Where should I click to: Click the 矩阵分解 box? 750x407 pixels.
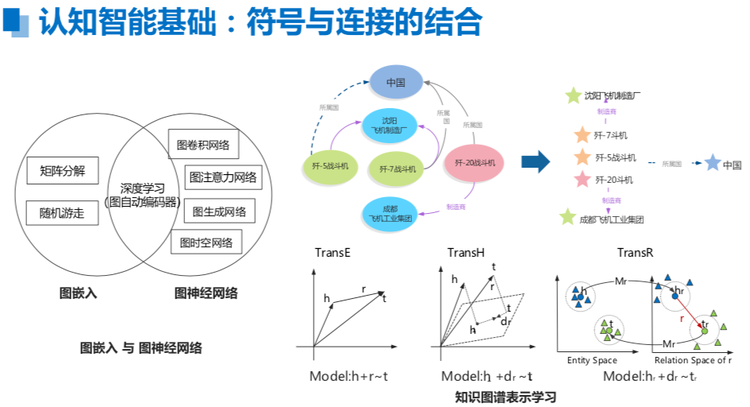[x=62, y=171]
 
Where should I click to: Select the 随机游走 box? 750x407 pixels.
[x=62, y=212]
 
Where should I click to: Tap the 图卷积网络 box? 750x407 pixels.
[x=203, y=145]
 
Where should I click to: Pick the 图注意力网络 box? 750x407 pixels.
[x=222, y=177]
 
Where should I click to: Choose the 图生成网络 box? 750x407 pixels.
[x=219, y=211]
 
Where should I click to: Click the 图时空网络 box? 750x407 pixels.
[x=206, y=242]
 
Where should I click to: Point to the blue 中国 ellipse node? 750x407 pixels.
[x=396, y=82]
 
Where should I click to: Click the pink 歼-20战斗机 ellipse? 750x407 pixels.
[x=475, y=163]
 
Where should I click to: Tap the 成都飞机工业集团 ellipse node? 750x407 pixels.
[x=390, y=213]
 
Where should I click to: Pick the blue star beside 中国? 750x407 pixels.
[x=712, y=164]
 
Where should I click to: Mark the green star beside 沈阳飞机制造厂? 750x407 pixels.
[x=573, y=96]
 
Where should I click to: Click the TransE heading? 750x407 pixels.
[x=333, y=253]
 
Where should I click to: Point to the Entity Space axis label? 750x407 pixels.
[x=592, y=360]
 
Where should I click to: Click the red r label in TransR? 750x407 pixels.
[x=682, y=317]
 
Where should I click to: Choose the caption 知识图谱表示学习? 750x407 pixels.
[x=505, y=396]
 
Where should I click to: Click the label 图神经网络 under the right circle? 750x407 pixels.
[x=206, y=293]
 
